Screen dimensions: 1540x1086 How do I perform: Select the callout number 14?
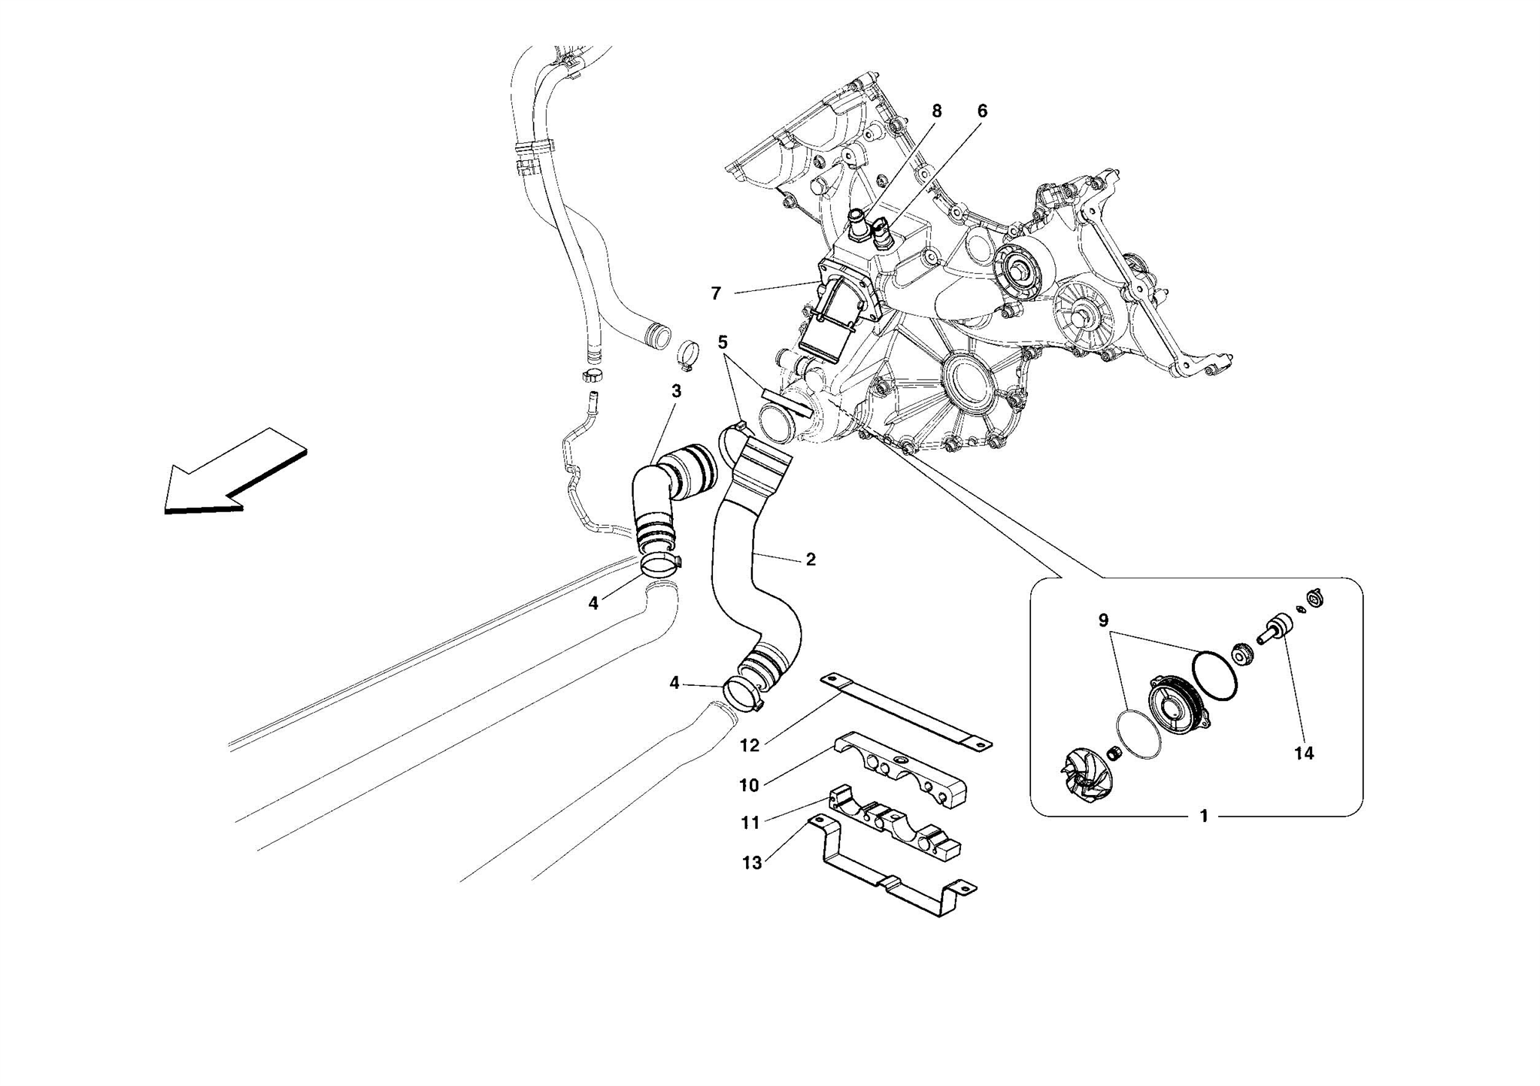(x=1304, y=753)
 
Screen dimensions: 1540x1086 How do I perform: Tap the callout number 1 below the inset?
(x=1204, y=816)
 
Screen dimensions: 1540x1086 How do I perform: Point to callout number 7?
(x=716, y=293)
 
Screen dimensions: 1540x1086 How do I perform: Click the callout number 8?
(x=936, y=111)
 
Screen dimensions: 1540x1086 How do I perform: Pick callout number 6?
(x=982, y=111)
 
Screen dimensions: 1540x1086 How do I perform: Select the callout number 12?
(x=750, y=745)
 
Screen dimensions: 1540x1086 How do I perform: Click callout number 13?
(x=752, y=863)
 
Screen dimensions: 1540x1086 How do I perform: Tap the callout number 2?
(x=811, y=560)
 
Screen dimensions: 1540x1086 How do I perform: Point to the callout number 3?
(x=676, y=391)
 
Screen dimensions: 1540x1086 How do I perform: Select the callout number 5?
(x=723, y=343)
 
